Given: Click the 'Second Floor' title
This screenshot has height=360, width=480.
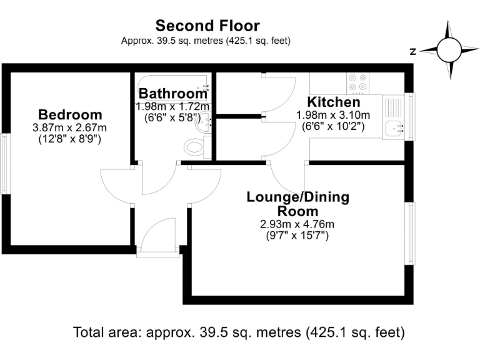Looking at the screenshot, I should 207,26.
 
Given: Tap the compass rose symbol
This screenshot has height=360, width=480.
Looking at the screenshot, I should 448,51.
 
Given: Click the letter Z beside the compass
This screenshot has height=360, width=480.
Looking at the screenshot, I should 413,52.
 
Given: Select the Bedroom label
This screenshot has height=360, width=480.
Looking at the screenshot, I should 70,115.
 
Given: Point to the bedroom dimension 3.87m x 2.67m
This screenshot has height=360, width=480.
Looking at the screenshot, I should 70,127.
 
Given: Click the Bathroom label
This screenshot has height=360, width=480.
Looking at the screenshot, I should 172,94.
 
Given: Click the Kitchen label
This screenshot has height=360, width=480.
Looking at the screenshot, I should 334,102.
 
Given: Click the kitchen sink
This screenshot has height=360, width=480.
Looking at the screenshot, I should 395,128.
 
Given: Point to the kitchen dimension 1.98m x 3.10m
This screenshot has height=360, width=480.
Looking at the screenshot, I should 333,115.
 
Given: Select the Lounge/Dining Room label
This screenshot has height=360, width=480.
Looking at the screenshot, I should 298,204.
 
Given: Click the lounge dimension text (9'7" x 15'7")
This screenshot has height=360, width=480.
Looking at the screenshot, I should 297,236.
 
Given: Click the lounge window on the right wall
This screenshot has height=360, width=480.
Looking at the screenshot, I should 410,233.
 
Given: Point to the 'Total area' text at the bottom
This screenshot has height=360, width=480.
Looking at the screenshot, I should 239,332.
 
